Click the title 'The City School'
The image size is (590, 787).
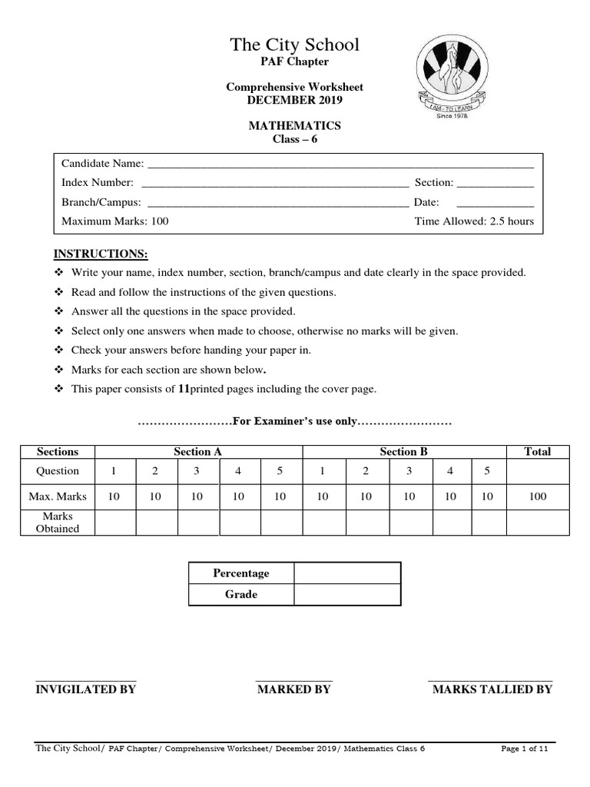click(x=294, y=45)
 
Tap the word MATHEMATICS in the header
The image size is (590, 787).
click(x=294, y=125)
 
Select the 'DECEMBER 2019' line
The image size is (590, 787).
click(x=294, y=100)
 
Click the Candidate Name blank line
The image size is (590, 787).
click(x=340, y=165)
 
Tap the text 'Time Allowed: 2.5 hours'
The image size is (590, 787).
click(x=473, y=221)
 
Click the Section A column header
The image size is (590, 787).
click(x=197, y=452)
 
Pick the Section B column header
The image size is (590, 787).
click(x=404, y=452)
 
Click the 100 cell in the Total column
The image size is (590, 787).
click(x=538, y=496)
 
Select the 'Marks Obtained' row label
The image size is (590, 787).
click(x=58, y=523)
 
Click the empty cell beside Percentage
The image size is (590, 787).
click(x=346, y=573)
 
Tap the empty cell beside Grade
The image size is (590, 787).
click(x=346, y=595)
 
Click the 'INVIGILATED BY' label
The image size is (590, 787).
click(x=86, y=689)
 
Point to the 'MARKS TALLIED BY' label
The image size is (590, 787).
click(x=492, y=689)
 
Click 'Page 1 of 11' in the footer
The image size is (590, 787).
click(x=524, y=748)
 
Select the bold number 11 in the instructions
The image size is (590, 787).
click(x=184, y=389)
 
